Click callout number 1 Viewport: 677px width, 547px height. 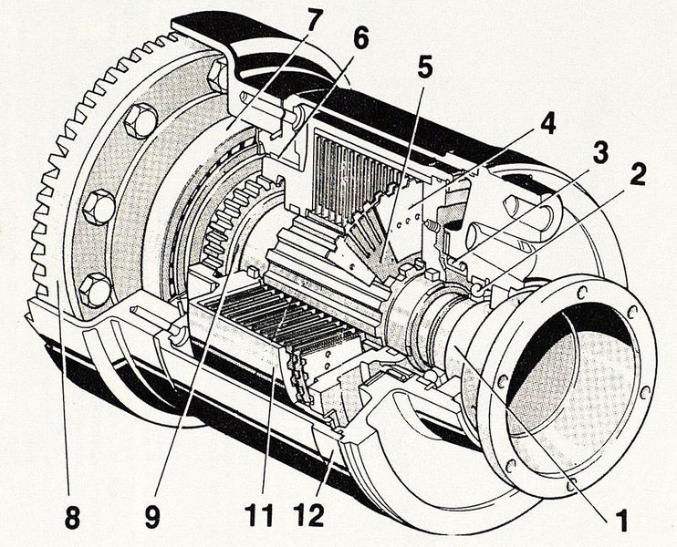623,521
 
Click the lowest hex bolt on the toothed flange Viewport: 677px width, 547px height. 94,291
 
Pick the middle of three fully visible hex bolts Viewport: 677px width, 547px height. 99,207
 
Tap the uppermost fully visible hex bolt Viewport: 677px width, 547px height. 141,119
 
